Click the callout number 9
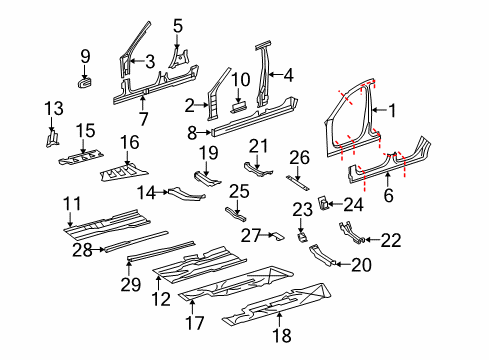click(85, 56)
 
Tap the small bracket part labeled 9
click(85, 82)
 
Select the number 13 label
click(54, 108)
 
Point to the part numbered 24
click(323, 202)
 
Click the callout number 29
click(130, 284)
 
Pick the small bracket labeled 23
click(302, 238)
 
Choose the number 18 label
click(282, 335)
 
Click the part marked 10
click(238, 107)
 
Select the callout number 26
click(299, 158)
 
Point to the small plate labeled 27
click(277, 236)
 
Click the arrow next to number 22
click(373, 239)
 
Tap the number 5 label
click(178, 26)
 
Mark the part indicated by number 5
click(178, 59)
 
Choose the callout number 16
click(129, 142)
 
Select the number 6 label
click(388, 195)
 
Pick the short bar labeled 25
click(236, 215)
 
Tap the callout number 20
click(361, 265)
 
